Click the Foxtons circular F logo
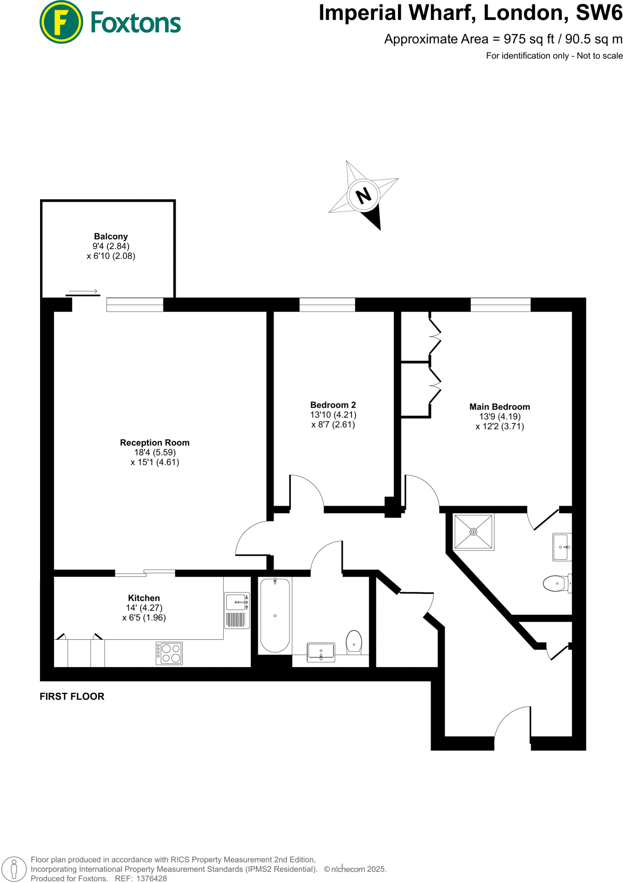pyautogui.click(x=61, y=22)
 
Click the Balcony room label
pyautogui.click(x=111, y=236)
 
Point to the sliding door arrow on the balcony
pyautogui.click(x=83, y=291)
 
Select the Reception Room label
pyautogui.click(x=155, y=442)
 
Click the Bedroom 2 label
pyautogui.click(x=333, y=405)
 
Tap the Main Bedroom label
pyautogui.click(x=499, y=407)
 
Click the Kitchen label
pyautogui.click(x=144, y=598)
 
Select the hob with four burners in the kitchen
pyautogui.click(x=169, y=653)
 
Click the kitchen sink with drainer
pyautogui.click(x=237, y=610)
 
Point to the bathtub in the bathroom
pyautogui.click(x=275, y=615)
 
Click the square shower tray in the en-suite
pyautogui.click(x=473, y=532)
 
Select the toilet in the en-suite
pyautogui.click(x=557, y=583)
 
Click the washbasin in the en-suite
pyautogui.click(x=562, y=547)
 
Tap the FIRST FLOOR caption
pyautogui.click(x=72, y=696)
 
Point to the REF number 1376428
pyautogui.click(x=151, y=878)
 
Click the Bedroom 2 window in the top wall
pyautogui.click(x=327, y=304)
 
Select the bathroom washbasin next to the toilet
pyautogui.click(x=321, y=652)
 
